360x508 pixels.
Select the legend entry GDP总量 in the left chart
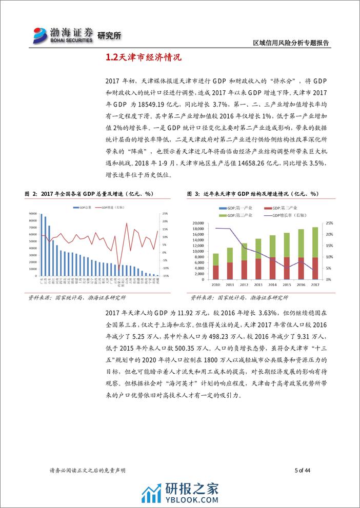pos(85,207)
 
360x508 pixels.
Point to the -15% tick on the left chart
pos(165,276)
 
